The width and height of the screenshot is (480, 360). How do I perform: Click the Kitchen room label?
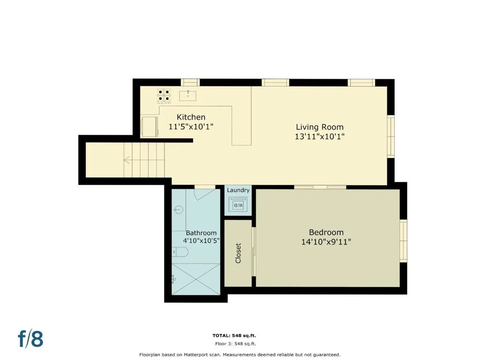point(191,117)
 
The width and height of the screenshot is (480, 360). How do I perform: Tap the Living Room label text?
point(320,127)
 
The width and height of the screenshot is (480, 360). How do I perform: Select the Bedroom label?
point(326,232)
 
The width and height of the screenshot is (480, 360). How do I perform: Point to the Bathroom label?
point(201,233)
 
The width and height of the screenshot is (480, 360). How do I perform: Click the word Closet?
point(238,253)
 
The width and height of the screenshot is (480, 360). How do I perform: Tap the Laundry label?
point(238,190)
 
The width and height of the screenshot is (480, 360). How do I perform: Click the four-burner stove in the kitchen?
point(164,96)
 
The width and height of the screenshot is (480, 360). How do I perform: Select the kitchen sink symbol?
point(187,96)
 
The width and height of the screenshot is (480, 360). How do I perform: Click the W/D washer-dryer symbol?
point(238,204)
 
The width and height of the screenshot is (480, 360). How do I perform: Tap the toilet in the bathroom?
point(180,252)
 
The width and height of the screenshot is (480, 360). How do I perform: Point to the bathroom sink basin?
point(178,210)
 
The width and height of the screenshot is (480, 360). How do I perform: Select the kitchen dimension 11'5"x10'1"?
point(191,127)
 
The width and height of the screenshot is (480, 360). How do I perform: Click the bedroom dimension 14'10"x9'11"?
point(326,242)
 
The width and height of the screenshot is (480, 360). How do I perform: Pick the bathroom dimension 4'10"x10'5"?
point(201,240)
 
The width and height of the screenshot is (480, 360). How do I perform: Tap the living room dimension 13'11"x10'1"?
point(320,136)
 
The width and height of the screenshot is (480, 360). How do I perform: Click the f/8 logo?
point(30,338)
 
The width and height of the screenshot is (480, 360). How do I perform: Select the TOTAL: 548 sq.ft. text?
point(234,336)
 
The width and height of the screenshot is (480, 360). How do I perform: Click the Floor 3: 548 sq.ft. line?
point(235,344)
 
